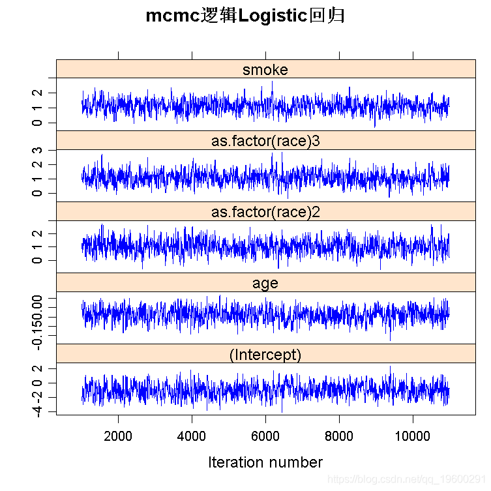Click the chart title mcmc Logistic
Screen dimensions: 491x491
coord(245,16)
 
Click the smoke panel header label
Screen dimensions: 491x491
coord(265,70)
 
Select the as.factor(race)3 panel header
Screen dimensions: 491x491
coord(265,141)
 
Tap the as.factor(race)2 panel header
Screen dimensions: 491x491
coord(265,212)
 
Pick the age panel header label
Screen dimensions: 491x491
coord(265,283)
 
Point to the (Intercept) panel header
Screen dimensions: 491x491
coord(265,355)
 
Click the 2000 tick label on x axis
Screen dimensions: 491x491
coord(118,436)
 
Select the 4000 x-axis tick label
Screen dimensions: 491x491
coord(192,436)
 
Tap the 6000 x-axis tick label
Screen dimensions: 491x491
coord(265,436)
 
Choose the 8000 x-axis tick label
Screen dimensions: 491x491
coord(339,436)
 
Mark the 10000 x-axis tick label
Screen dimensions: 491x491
coord(412,436)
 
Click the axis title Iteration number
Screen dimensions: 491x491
coord(265,462)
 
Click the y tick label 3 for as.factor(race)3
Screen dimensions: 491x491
coord(41,151)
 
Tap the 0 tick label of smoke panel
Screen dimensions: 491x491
coord(41,123)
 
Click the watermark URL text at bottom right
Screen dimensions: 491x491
coord(407,479)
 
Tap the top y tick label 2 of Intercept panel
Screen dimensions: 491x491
coord(41,368)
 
